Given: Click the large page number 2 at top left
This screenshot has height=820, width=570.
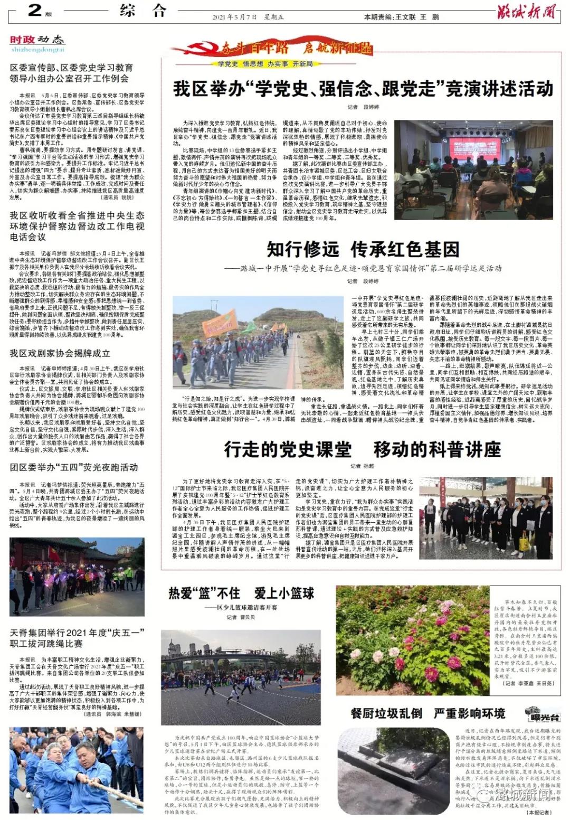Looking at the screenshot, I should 35,10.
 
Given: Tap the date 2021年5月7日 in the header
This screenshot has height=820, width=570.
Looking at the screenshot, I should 235,17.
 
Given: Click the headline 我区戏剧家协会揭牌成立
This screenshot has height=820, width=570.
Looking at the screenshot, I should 60,353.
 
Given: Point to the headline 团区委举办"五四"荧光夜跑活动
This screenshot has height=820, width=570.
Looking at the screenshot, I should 74,467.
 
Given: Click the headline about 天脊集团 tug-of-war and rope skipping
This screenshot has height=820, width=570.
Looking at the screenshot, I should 77,638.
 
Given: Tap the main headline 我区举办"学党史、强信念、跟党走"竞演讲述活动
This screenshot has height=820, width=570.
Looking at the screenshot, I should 363,88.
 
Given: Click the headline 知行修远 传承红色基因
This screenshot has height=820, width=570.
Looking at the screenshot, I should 363,249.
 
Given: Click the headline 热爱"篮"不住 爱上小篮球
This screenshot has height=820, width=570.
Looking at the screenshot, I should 241,593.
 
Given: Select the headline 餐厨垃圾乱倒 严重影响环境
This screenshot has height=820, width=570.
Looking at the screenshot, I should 428,713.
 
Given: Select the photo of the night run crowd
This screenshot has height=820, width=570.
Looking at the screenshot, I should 77,577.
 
